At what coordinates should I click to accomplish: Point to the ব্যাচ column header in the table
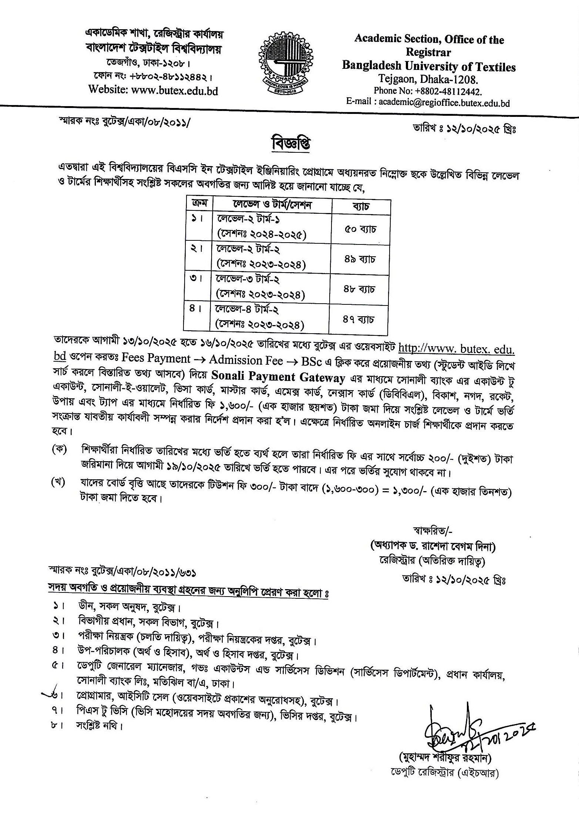[361, 206]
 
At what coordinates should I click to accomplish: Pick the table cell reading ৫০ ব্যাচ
[360, 229]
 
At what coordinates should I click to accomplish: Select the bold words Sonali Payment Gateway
[278, 378]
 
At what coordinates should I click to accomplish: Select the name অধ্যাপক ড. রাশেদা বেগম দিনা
[433, 546]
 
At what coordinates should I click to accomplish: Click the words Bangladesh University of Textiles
[429, 67]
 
